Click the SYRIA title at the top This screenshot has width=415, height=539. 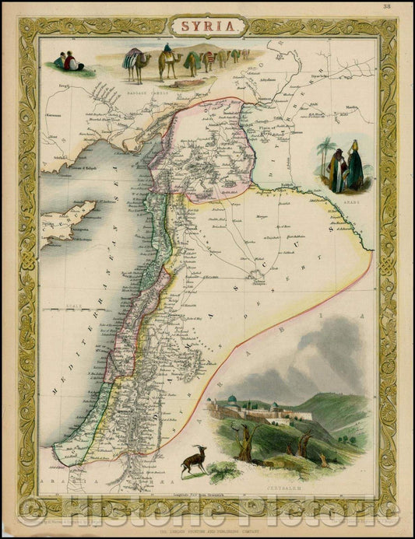point(206,26)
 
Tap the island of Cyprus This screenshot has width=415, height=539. point(70,222)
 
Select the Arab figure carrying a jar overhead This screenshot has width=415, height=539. point(354,165)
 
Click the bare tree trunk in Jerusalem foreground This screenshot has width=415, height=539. point(248,449)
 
